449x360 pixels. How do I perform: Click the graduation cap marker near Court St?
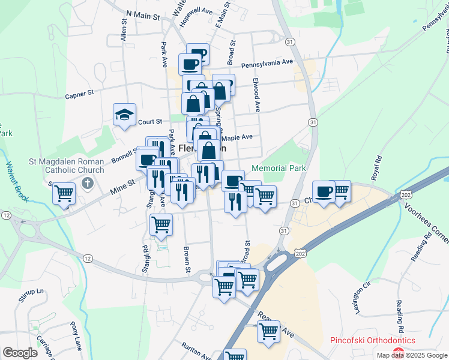pyautogui.click(x=125, y=114)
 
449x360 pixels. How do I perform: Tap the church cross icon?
pyautogui.click(x=88, y=182)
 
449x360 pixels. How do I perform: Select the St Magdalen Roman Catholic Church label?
pyautogui.click(x=67, y=166)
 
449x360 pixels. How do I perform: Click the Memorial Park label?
pyautogui.click(x=279, y=168)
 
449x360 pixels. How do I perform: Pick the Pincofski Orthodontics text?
pyautogui.click(x=372, y=340)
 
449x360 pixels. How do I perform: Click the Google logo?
pyautogui.click(x=20, y=353)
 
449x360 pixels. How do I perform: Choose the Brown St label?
pyautogui.click(x=187, y=257)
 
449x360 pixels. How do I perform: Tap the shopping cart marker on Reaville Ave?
pyautogui.click(x=268, y=331)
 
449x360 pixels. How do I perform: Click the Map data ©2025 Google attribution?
pyautogui.click(x=411, y=355)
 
